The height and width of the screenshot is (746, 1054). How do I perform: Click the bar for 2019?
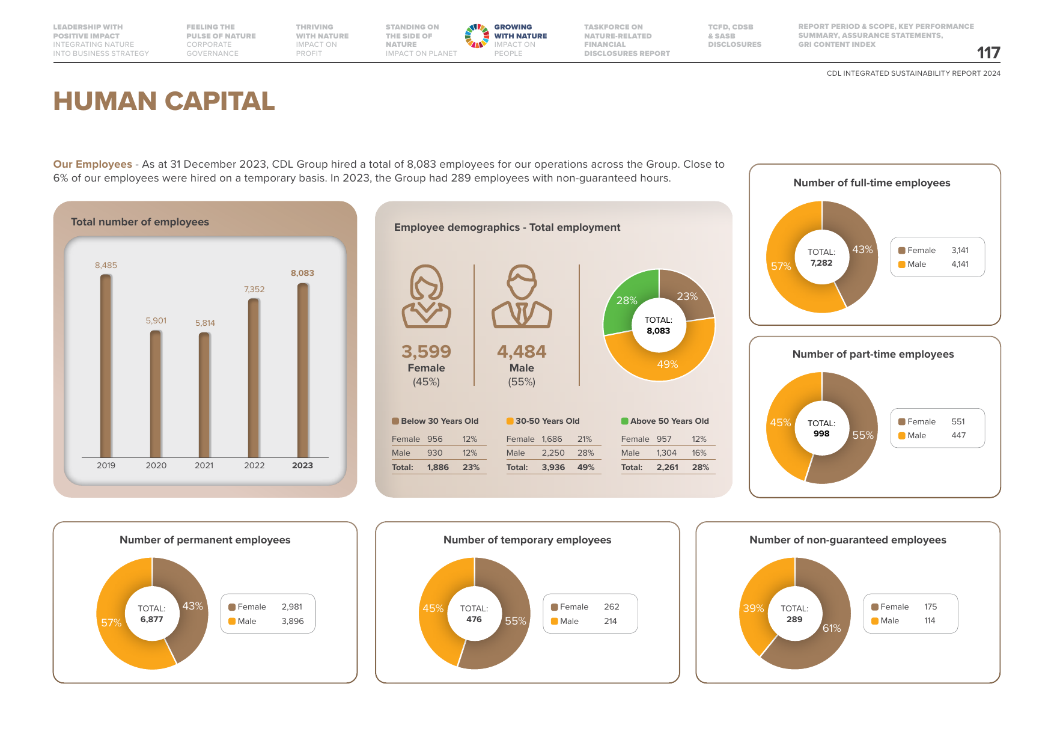point(106,366)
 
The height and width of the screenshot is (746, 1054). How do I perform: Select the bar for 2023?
point(303,370)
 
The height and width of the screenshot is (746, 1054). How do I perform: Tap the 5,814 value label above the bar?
point(205,323)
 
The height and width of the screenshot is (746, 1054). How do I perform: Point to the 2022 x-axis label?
point(254,465)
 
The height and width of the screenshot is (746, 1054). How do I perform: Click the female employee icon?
point(427,296)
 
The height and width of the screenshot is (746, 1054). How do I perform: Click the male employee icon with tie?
point(522,296)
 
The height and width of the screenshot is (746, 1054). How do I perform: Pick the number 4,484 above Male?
point(522,351)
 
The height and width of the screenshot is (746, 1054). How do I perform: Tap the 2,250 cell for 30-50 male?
point(553,453)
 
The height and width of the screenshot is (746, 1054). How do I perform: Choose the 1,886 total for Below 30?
point(438,467)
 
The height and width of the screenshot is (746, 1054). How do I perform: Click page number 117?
point(989,53)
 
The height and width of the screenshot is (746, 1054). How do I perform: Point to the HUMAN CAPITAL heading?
point(164,101)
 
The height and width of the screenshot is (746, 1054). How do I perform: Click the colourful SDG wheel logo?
point(477,36)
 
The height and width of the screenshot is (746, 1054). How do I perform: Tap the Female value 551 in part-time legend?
point(958,421)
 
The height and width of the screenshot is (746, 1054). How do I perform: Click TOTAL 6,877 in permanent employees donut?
point(152,614)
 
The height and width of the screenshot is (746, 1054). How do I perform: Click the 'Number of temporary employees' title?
point(528,540)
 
